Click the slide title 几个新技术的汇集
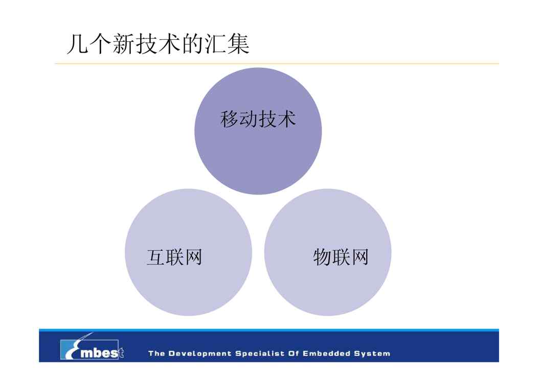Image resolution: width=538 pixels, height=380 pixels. [158, 44]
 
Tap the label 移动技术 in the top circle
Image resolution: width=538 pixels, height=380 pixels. [258, 119]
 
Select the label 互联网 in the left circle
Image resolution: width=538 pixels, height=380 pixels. [174, 257]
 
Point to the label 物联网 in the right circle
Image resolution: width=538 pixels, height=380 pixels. [341, 257]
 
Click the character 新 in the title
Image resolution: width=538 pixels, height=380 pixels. [124, 44]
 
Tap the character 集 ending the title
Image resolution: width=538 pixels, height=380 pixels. [238, 44]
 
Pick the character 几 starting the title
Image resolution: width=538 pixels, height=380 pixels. [78, 44]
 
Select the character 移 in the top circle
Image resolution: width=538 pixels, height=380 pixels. [229, 119]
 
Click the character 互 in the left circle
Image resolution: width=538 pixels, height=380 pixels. [156, 257]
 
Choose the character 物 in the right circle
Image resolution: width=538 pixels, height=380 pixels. [322, 257]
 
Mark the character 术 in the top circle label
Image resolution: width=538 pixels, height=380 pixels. [287, 119]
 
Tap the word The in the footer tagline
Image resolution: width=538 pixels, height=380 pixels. [156, 353]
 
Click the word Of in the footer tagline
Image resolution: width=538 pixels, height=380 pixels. [294, 353]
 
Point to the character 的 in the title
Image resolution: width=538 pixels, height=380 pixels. [192, 44]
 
